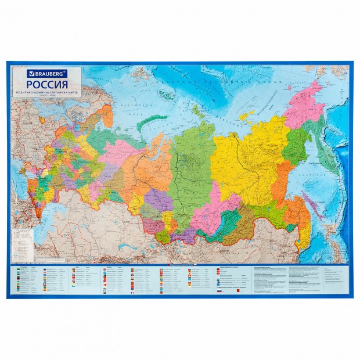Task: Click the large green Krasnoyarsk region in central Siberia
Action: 192,168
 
